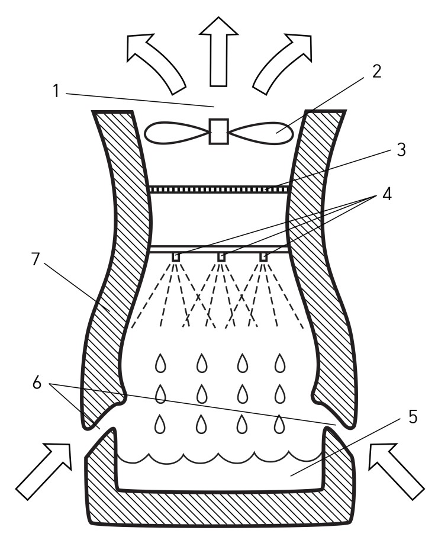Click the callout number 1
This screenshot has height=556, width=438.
tap(56, 91)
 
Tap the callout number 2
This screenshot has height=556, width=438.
tap(376, 72)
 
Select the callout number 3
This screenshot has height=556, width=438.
tap(401, 150)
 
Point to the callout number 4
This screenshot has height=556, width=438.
tap(387, 194)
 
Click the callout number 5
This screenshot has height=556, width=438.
tap(413, 417)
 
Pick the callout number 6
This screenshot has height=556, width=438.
tap(37, 383)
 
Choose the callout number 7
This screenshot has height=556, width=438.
tap(36, 259)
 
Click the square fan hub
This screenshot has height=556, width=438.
tap(218, 131)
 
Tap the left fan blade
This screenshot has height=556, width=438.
tap(177, 133)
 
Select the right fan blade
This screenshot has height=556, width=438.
tap(260, 133)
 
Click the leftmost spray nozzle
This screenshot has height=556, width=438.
tap(176, 257)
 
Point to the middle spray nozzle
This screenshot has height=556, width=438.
tap(221, 257)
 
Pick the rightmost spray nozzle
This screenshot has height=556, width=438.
tap(263, 257)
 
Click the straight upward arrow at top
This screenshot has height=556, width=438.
tap(218, 52)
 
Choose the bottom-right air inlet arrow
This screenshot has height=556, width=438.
tap(396, 471)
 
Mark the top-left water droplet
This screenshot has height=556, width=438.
tap(160, 363)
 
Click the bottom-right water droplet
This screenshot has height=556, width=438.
tap(279, 424)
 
